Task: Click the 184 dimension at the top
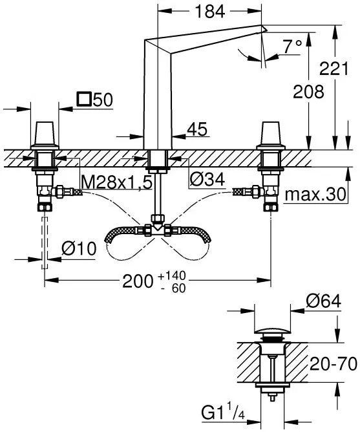(210, 12)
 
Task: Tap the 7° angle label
(293, 46)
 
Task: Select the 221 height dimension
(334, 69)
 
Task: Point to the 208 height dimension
(308, 91)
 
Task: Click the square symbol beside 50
(84, 99)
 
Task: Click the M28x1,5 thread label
(117, 182)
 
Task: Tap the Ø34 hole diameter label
(207, 179)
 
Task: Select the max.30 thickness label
(315, 194)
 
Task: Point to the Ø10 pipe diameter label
(79, 248)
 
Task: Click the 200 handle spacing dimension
(138, 281)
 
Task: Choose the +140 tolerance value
(172, 275)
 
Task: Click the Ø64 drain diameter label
(324, 301)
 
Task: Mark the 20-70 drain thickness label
(334, 364)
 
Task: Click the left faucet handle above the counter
(45, 135)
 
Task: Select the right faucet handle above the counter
(270, 135)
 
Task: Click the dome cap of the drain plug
(272, 330)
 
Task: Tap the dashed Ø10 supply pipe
(45, 243)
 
